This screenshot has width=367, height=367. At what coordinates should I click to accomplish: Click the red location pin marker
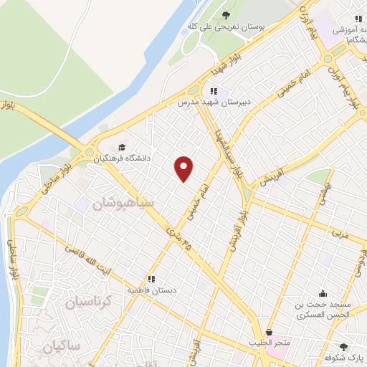pos(184,168)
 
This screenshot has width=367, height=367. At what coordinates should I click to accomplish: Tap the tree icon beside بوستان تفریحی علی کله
pos(226,14)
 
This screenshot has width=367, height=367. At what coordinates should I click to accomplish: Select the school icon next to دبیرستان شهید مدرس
pos(213,91)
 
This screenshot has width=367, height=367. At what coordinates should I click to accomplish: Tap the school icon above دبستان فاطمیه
pos(151,279)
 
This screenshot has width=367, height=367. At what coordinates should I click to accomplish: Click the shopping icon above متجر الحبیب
pos(270,333)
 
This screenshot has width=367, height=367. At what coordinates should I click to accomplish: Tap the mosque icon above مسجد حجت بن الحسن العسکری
pos(323,292)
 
